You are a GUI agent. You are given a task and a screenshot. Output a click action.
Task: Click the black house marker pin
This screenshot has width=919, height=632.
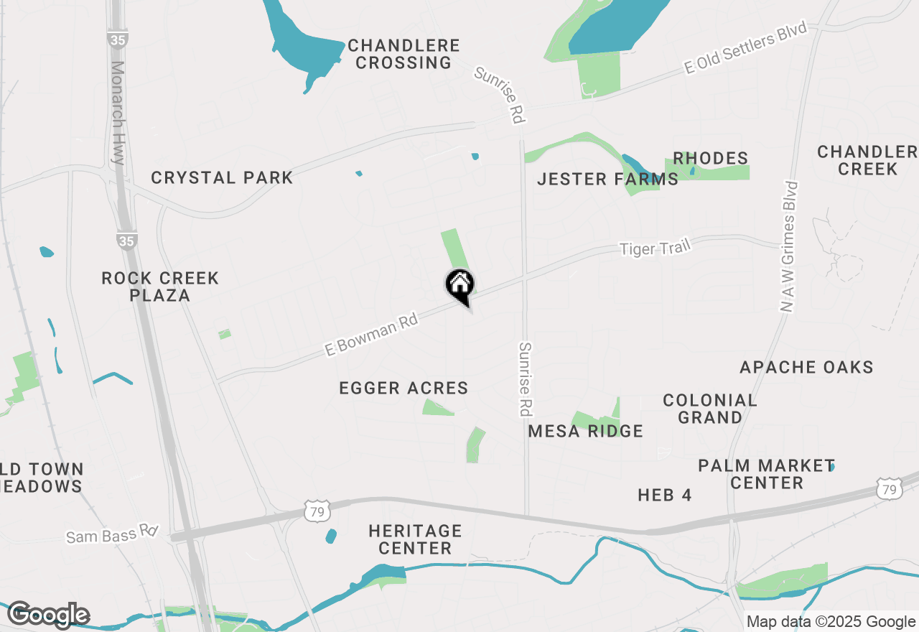(459, 285)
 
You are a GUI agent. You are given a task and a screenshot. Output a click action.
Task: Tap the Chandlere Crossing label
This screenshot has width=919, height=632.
(403, 55)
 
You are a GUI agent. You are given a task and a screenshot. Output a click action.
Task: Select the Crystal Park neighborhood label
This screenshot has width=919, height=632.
(222, 177)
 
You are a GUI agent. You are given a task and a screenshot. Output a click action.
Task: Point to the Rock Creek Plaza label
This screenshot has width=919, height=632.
(160, 287)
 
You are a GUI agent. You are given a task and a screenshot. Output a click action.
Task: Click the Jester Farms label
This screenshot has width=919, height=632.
(607, 179)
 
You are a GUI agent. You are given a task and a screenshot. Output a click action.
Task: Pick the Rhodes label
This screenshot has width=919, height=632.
(710, 158)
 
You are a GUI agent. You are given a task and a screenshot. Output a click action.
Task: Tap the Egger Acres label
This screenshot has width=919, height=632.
(403, 389)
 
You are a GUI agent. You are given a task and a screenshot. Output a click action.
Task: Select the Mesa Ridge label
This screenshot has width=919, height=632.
(585, 431)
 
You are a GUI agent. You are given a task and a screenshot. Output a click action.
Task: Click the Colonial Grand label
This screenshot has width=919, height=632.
(709, 409)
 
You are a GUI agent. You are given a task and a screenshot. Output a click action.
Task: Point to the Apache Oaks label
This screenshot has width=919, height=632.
(806, 367)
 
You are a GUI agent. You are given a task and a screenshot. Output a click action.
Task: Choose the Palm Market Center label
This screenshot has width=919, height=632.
(766, 474)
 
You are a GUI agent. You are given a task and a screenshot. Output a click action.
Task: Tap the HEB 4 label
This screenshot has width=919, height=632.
(664, 495)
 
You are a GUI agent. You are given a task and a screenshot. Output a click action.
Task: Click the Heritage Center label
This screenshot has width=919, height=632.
(415, 539)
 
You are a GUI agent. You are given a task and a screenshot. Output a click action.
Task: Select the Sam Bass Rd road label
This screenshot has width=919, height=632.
(112, 534)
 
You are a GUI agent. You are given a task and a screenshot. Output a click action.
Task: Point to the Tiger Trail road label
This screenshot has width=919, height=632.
(655, 248)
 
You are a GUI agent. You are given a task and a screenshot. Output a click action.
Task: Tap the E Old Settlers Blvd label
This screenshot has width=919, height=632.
(747, 47)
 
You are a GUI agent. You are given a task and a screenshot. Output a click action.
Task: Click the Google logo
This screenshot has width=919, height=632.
(48, 615)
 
